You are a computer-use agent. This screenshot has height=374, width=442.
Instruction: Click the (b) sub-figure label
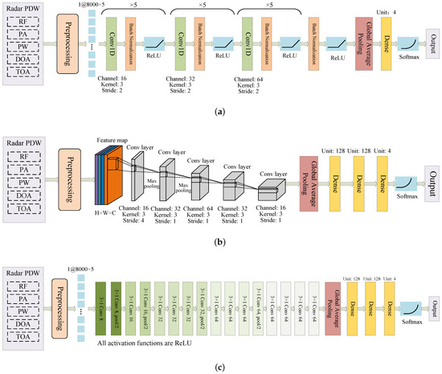pos(221,240)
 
